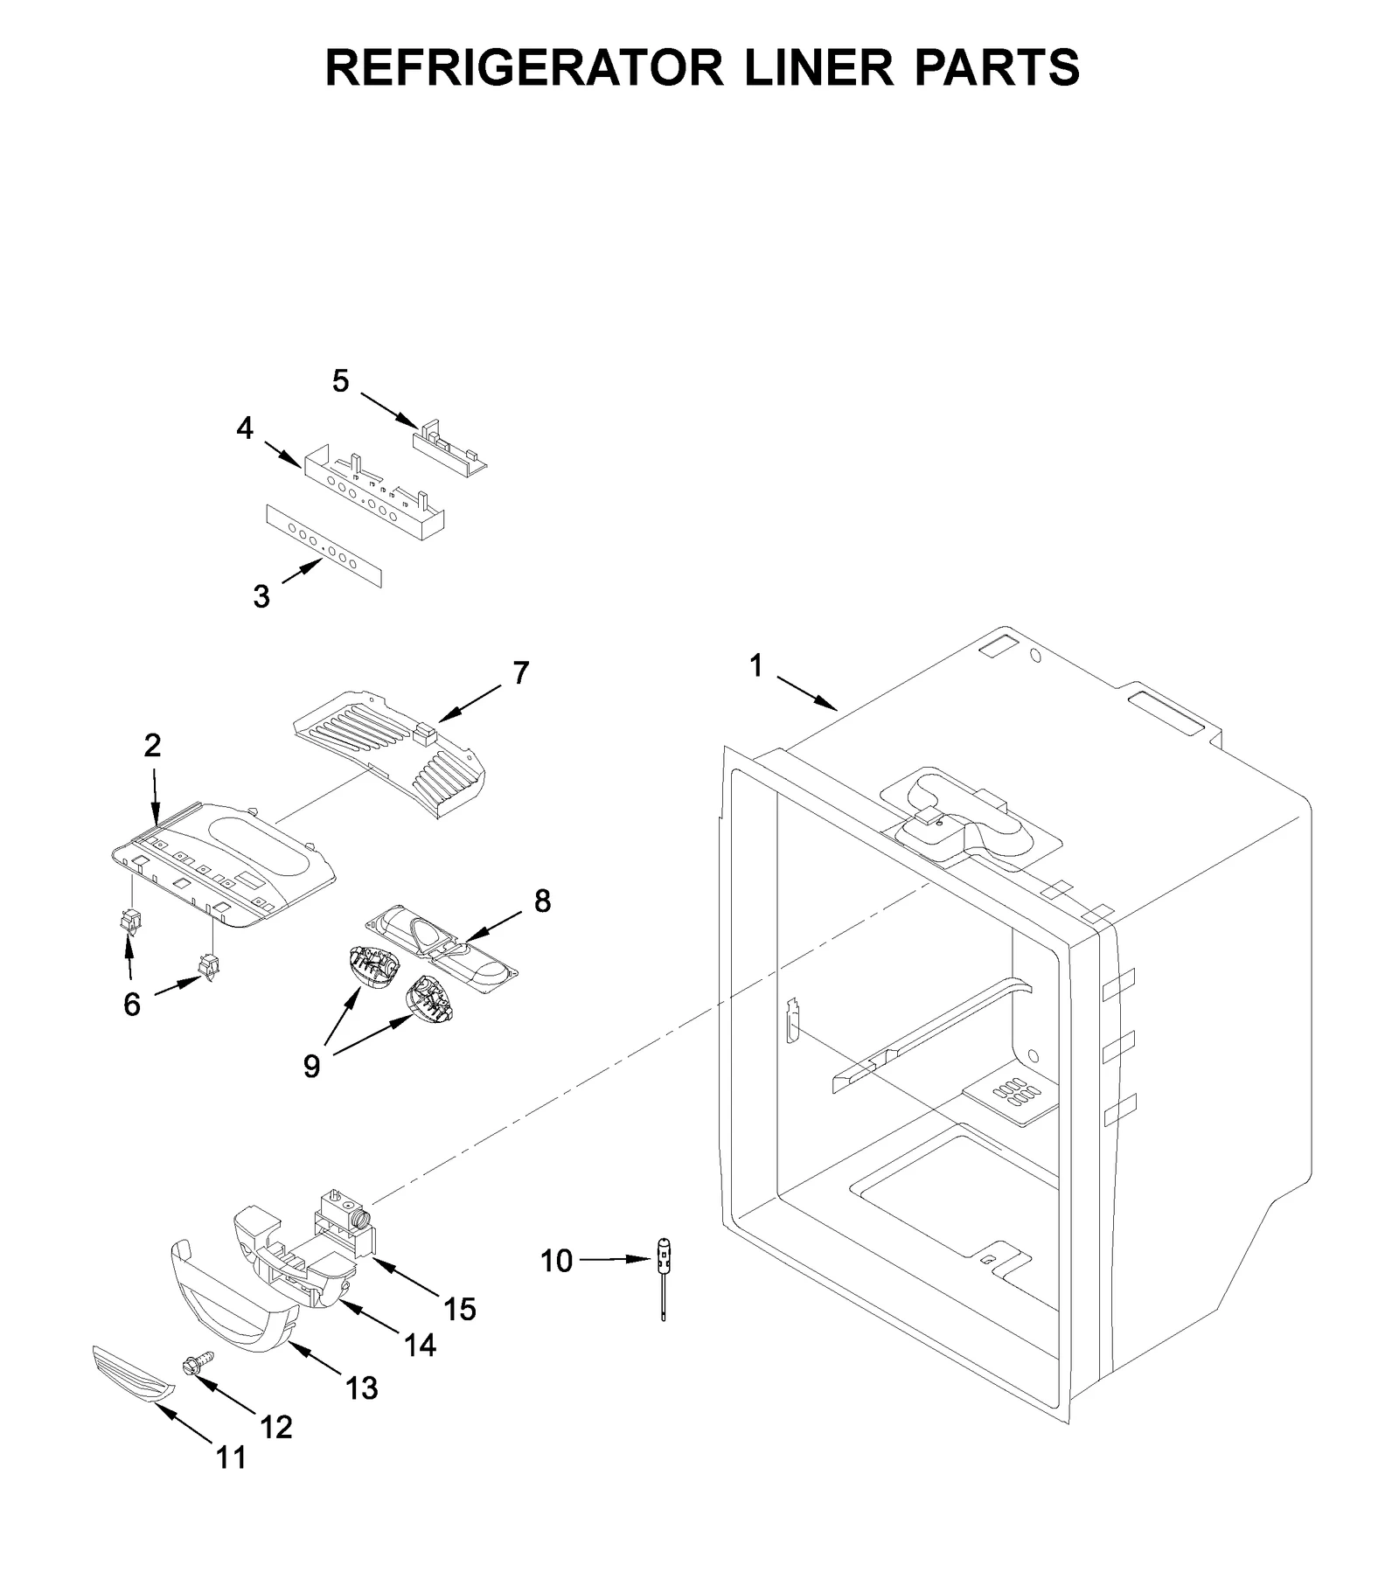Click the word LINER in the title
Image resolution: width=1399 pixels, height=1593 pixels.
(x=819, y=67)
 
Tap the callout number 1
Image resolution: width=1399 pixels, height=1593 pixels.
(x=756, y=667)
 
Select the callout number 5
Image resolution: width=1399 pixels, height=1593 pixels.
(x=341, y=381)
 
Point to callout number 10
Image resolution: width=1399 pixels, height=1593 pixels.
(x=556, y=1261)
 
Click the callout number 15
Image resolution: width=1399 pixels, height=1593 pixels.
(x=460, y=1309)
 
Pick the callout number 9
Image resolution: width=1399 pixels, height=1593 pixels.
(x=312, y=1066)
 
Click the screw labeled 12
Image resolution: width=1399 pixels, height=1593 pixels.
(x=198, y=1367)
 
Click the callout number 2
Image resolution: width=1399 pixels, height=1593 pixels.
(x=153, y=746)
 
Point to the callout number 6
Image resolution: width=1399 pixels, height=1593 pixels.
(x=132, y=1005)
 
